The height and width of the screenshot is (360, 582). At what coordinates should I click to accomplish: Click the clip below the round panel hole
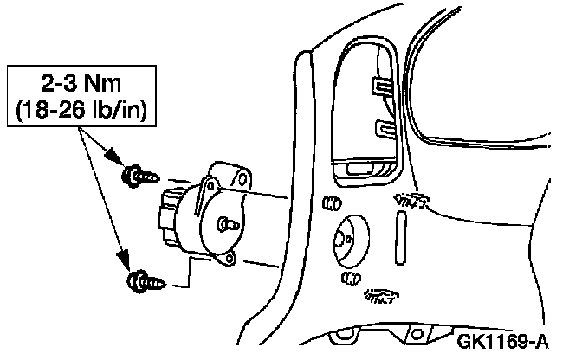350,278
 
